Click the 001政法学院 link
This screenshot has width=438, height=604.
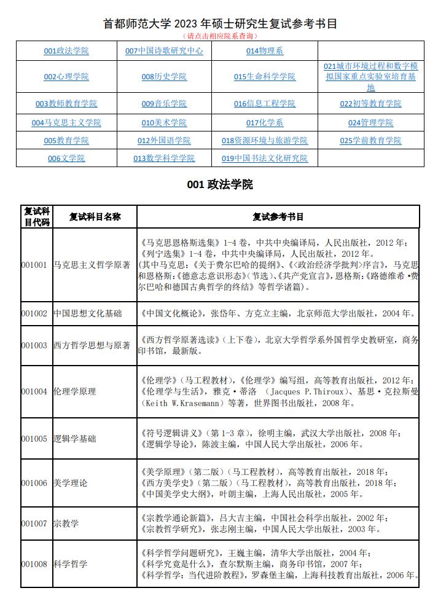pyautogui.click(x=66, y=51)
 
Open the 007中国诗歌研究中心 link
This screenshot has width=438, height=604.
pyautogui.click(x=164, y=51)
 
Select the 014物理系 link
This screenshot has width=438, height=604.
pyautogui.click(x=265, y=51)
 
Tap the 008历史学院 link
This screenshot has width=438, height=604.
pyautogui.click(x=164, y=77)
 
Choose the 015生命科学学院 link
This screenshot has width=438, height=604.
pyautogui.click(x=265, y=77)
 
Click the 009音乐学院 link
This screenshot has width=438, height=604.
pyautogui.click(x=164, y=104)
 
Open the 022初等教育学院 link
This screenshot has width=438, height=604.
pyautogui.click(x=370, y=104)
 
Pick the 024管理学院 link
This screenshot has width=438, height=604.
pyautogui.click(x=370, y=123)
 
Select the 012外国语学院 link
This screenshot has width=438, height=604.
pyautogui.click(x=164, y=141)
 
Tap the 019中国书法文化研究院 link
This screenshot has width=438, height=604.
pyautogui.click(x=265, y=159)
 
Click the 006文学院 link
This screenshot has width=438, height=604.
pyautogui.click(x=66, y=159)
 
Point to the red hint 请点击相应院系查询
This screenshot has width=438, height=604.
pyautogui.click(x=219, y=36)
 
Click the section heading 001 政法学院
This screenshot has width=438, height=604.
pyautogui.click(x=219, y=184)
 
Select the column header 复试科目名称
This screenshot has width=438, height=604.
pyautogui.click(x=95, y=216)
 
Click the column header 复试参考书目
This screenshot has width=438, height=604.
pyautogui.click(x=278, y=216)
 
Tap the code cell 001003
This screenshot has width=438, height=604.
pyautogui.click(x=34, y=345)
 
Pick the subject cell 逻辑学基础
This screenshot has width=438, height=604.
pyautogui.click(x=75, y=439)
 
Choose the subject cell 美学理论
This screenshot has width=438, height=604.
pyautogui.click(x=71, y=483)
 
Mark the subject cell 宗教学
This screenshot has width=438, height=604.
pyautogui.click(x=66, y=524)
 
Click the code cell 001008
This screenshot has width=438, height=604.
pyautogui.click(x=34, y=564)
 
